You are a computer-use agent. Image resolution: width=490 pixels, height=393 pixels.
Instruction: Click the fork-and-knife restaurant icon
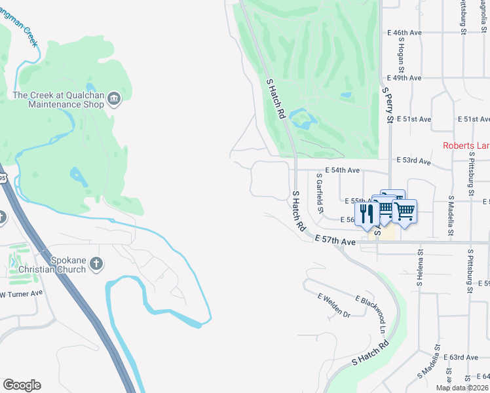367,213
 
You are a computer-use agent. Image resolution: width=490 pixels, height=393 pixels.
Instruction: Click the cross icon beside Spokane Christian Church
96,264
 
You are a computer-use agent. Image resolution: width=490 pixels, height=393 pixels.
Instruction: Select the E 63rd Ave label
461,357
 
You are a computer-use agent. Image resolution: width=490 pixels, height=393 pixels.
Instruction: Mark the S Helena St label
420,267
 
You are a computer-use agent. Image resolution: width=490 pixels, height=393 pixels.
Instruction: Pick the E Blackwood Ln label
371,315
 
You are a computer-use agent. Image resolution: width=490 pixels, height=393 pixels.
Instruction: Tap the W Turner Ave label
21,293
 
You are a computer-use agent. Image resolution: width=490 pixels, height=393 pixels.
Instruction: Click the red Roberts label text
466,145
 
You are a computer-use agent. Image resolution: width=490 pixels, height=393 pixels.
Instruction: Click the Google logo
22,385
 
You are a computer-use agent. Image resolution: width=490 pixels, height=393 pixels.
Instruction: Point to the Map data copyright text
462,388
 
